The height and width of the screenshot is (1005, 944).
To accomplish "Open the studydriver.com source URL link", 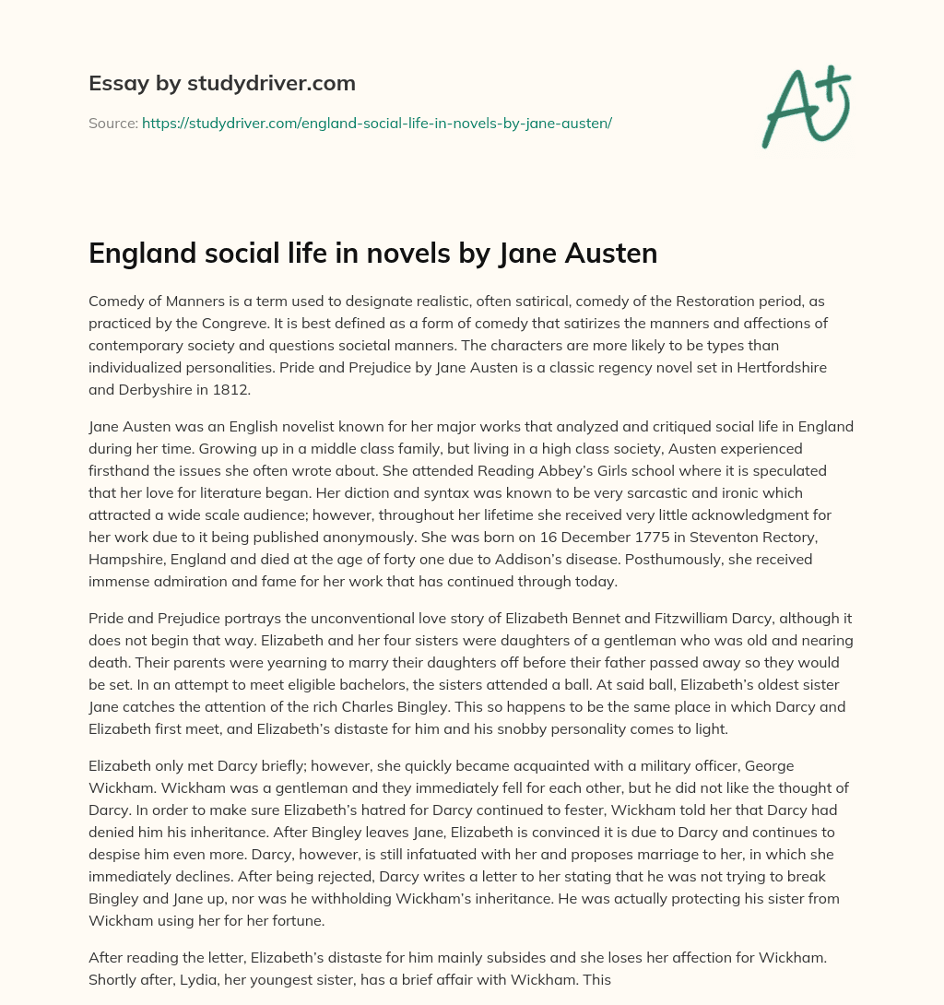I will (376, 122).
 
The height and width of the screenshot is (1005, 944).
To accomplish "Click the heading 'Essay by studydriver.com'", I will (222, 83).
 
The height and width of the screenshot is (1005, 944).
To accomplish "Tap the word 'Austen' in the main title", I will (614, 253).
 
